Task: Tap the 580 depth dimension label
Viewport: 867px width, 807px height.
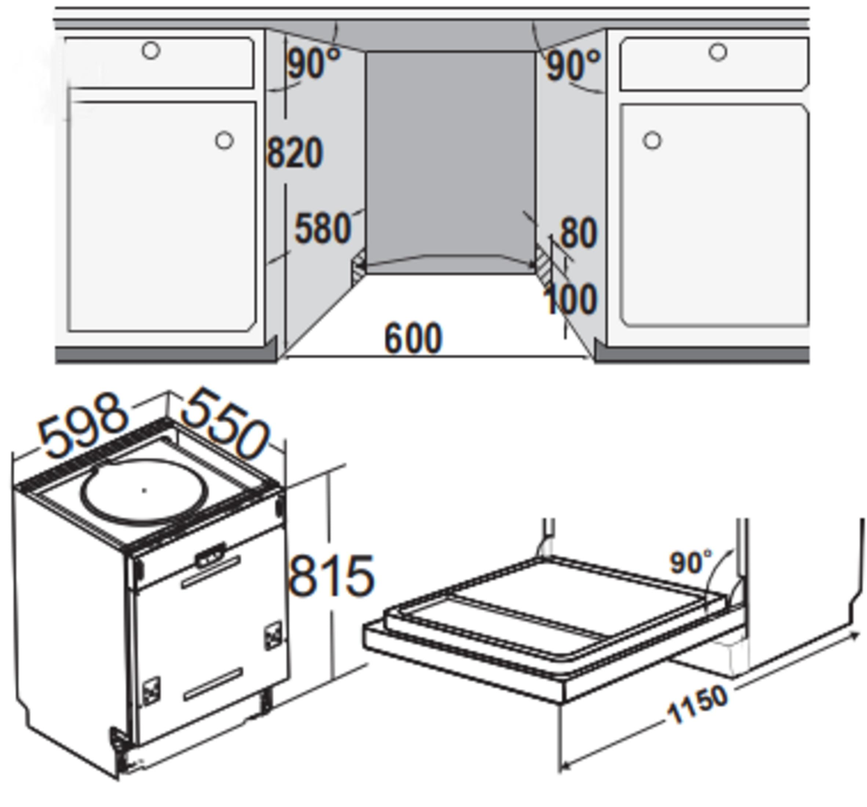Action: tap(323, 228)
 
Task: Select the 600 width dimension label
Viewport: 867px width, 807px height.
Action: tap(414, 338)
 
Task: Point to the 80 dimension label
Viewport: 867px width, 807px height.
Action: tap(578, 233)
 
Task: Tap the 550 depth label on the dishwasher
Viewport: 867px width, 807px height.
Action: tap(225, 423)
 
